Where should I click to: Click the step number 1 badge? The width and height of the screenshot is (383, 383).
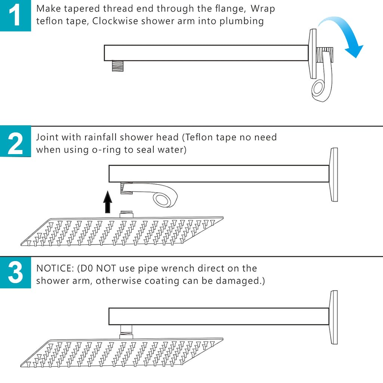[x=15, y=16]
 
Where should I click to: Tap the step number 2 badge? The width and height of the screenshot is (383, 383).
[x=15, y=141]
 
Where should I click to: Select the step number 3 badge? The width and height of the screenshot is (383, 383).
[x=15, y=272]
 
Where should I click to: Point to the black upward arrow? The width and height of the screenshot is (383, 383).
[x=107, y=202]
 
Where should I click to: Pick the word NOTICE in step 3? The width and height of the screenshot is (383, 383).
[x=53, y=269]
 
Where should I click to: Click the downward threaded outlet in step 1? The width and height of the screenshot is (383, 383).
[x=118, y=66]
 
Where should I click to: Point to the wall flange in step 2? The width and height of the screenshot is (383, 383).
[x=334, y=175]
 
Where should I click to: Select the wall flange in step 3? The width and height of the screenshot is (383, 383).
[x=334, y=317]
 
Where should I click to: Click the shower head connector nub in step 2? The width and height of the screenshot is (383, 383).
[x=126, y=214]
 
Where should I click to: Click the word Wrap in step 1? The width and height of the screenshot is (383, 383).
[x=263, y=9]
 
